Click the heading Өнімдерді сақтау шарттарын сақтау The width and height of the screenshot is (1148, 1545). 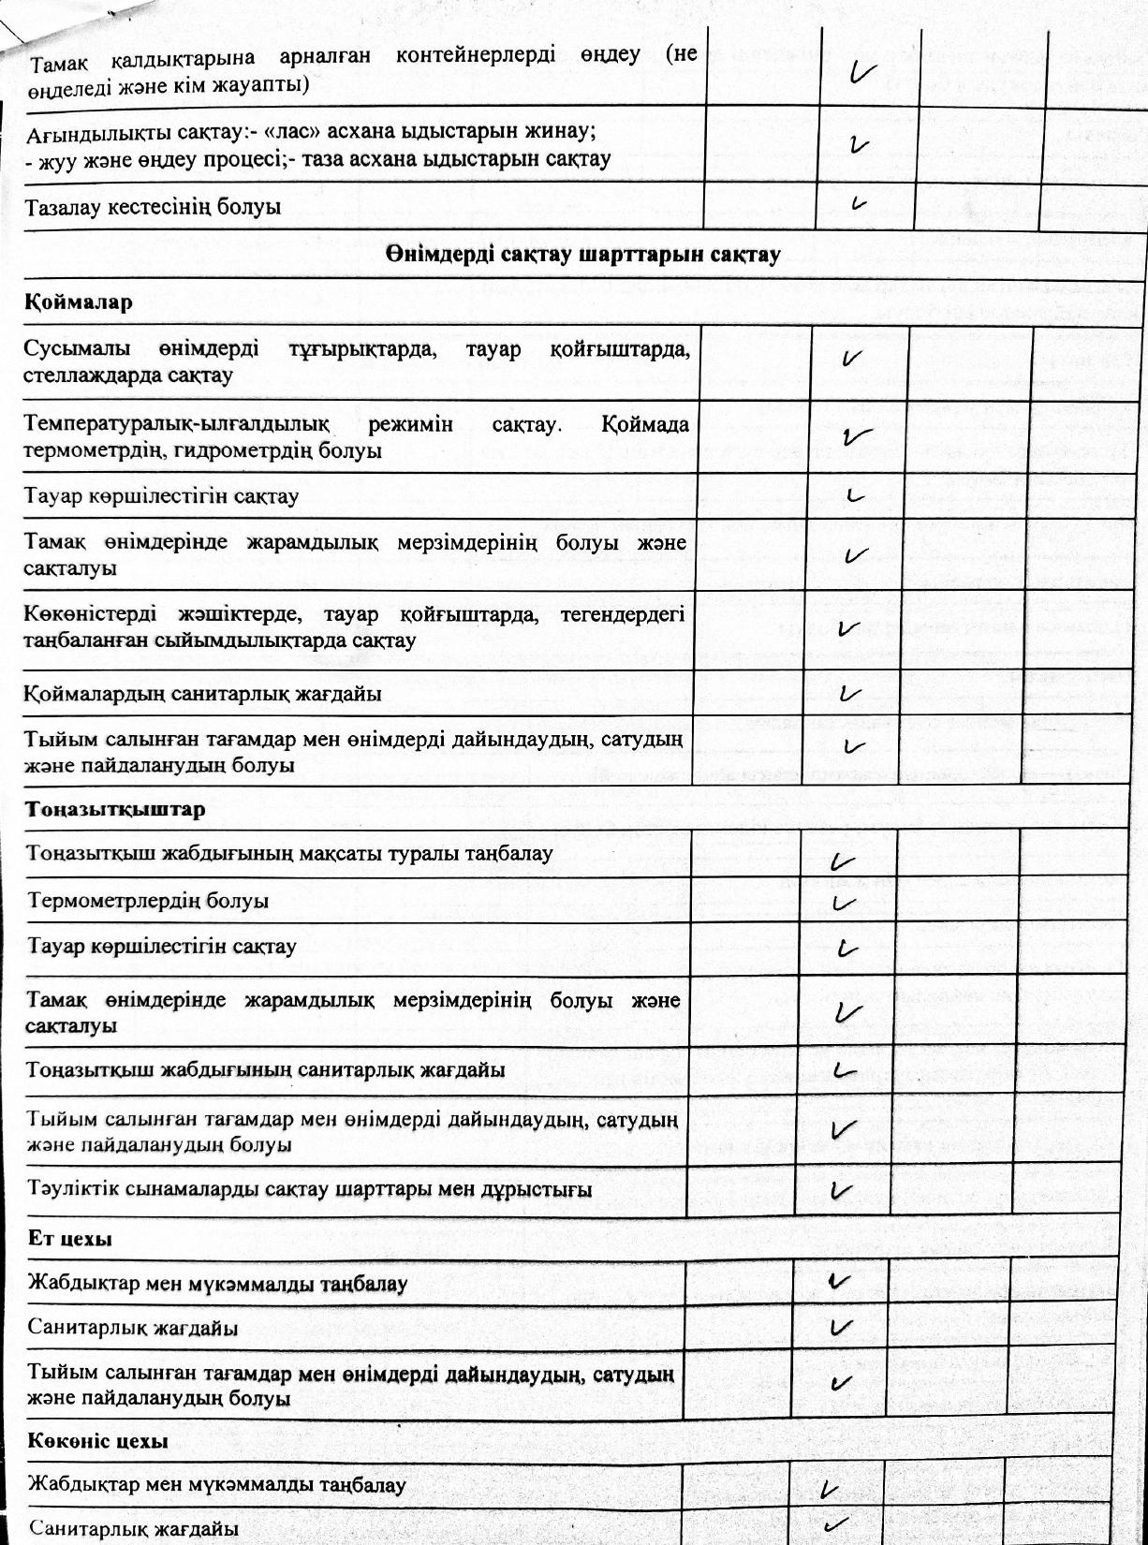point(581,255)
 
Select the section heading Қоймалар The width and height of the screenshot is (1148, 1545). point(79,302)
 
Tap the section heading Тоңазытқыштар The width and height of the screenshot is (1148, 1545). point(115,809)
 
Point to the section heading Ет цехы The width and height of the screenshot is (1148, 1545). point(70,1238)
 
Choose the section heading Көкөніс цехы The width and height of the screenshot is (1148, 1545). point(98,1440)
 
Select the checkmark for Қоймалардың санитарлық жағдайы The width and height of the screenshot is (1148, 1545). point(850,694)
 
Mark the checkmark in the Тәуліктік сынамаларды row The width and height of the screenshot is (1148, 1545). point(842,1190)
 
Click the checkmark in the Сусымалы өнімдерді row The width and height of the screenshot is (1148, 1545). point(852,358)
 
